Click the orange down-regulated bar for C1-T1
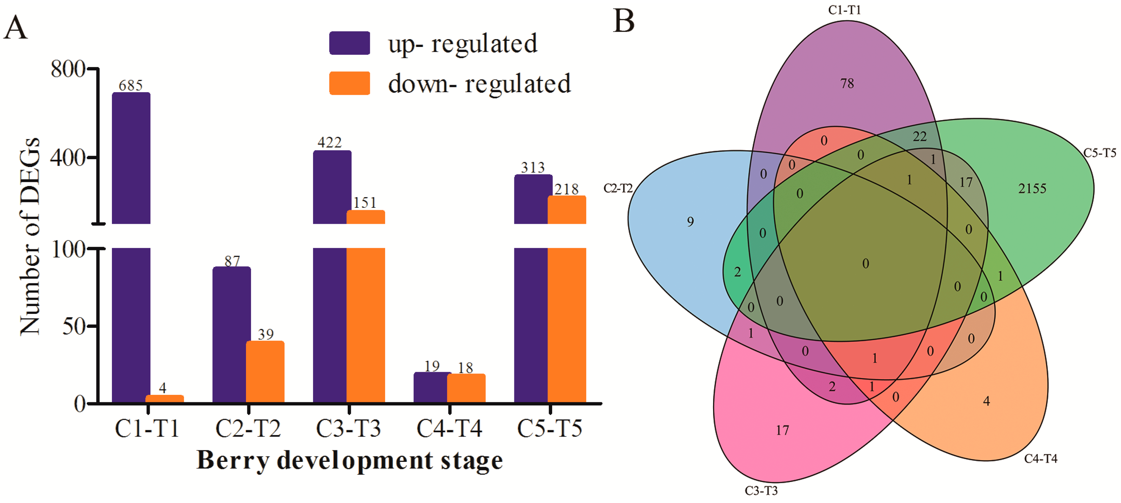(165, 399)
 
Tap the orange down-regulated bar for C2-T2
(265, 372)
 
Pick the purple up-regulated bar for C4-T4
(432, 387)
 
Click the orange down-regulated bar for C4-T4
(466, 388)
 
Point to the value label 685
(131, 85)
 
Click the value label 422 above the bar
(329, 142)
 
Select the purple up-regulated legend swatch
(349, 43)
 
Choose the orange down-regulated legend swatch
(349, 83)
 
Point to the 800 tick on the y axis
(68, 69)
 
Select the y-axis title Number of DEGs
(31, 237)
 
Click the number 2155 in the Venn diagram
(1032, 188)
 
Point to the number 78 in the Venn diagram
(847, 83)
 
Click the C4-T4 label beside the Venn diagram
(1040, 458)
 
